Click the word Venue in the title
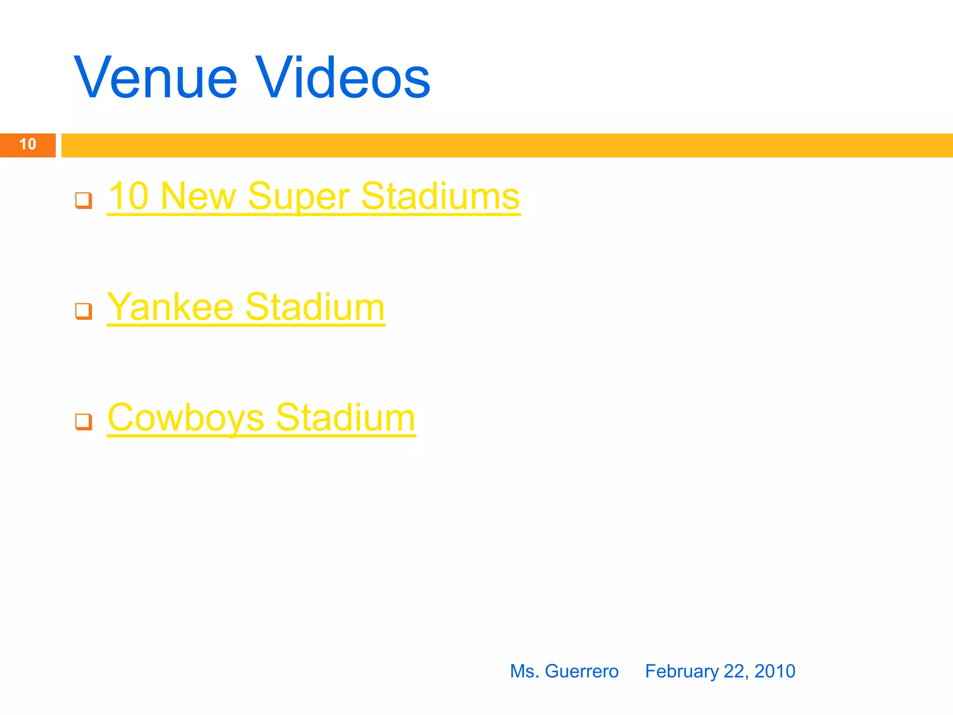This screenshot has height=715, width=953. coord(156,78)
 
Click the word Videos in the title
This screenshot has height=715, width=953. coord(343,78)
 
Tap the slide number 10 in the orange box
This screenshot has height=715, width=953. coord(28,144)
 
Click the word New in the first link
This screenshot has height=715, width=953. coord(198,196)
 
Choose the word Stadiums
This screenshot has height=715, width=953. coord(440,196)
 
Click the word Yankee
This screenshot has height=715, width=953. coord(170,307)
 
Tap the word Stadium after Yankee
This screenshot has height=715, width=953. coord(315,307)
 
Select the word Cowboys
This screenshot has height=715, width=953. coord(186,418)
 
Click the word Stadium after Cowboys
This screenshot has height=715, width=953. coord(345,418)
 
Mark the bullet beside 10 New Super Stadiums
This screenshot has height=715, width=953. coord(84,201)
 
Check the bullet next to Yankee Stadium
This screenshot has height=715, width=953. coord(84,311)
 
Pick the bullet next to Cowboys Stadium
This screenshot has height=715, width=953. coord(84,422)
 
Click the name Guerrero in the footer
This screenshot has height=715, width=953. coord(582,671)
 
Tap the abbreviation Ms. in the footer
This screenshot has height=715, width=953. coord(524,671)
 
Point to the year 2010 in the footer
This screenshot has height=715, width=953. coord(775,671)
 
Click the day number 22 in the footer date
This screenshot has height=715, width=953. coord(735,671)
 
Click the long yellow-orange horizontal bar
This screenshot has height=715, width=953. coord(507,145)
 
